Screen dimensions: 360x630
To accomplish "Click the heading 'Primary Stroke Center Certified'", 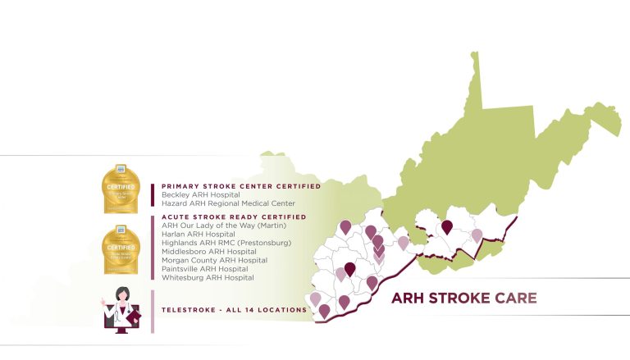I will tap(240, 186).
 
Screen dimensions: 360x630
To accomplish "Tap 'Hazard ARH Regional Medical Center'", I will tap(228, 203).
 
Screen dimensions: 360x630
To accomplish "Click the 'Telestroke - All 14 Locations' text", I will tap(234, 310).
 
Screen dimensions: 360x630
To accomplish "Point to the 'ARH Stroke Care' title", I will tap(463, 298).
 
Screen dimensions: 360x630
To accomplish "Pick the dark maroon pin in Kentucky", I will tap(350, 267).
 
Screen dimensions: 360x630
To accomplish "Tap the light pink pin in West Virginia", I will tap(477, 235).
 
